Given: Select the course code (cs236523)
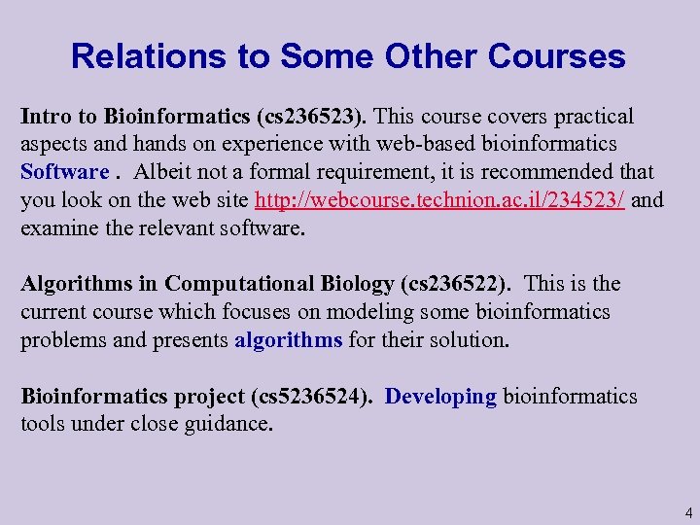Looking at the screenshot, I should (x=312, y=118).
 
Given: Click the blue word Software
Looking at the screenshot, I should (x=65, y=172).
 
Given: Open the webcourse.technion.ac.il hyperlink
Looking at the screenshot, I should (x=439, y=200).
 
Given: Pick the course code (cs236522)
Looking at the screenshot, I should (x=455, y=284).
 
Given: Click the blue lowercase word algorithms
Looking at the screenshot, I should (x=289, y=339).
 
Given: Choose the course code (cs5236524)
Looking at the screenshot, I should (x=312, y=397).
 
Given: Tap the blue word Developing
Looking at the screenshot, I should (x=441, y=397).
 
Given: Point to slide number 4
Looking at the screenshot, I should (x=687, y=511).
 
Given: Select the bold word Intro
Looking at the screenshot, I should (x=47, y=118).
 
